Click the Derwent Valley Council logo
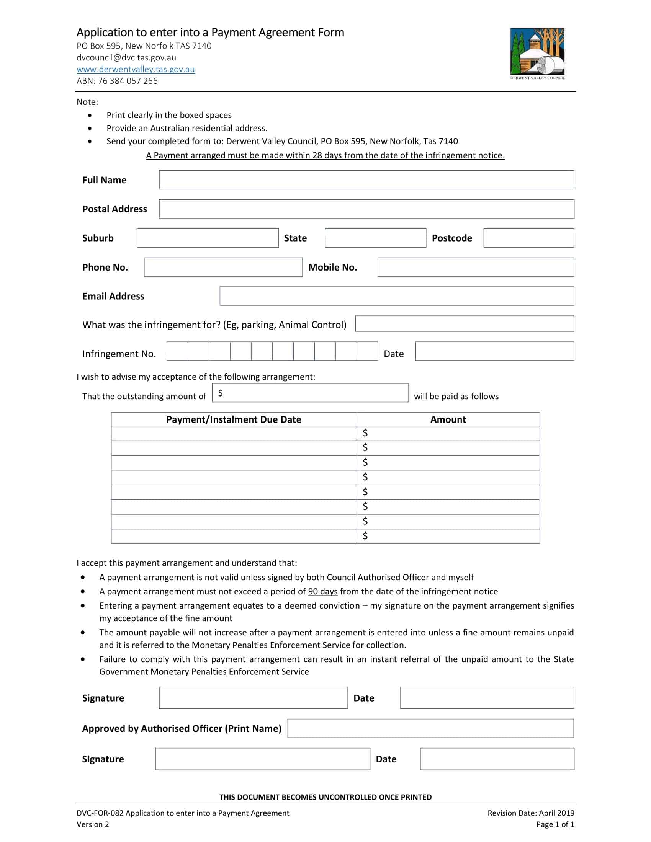[x=537, y=53]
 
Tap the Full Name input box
[x=366, y=180]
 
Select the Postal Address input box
[x=366, y=209]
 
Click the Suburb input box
[x=208, y=238]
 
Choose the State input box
[x=375, y=238]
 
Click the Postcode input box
[x=528, y=238]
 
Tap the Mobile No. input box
[x=476, y=267]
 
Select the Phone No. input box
[x=223, y=267]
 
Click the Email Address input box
[x=396, y=296]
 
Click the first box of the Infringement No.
[x=177, y=351]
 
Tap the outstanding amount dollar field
[x=310, y=393]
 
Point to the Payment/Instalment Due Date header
[x=234, y=419]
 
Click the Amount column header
[x=448, y=419]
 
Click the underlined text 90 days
[x=322, y=591]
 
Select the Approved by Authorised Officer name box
[x=430, y=728]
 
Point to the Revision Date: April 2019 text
[x=531, y=813]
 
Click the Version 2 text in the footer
[x=93, y=824]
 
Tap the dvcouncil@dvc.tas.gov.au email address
[x=126, y=58]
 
